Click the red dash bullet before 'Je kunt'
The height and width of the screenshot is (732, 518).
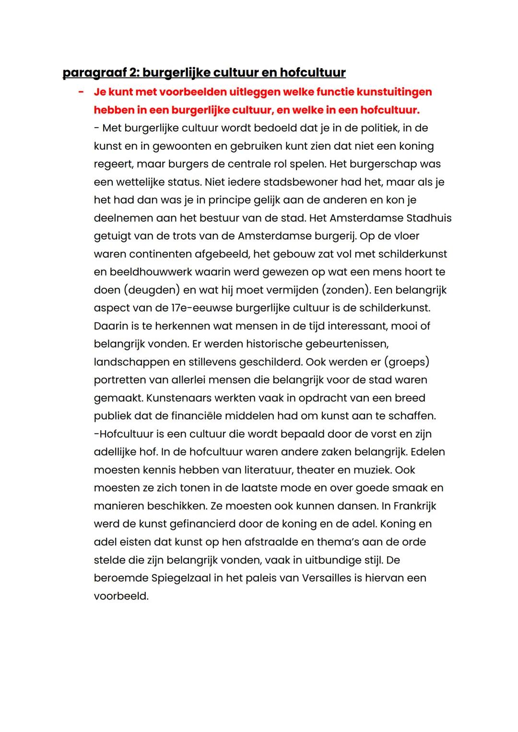point(81,91)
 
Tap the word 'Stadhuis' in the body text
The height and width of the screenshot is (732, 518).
point(429,218)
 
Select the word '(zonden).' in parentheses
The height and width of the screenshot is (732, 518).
point(346,290)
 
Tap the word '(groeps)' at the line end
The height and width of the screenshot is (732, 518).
point(408,362)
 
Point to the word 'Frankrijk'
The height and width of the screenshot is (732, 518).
point(414,506)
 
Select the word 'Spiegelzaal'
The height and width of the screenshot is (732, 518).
point(181,578)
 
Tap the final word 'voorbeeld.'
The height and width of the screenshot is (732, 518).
point(121,596)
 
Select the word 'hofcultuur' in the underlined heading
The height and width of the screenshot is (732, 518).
point(312,73)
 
